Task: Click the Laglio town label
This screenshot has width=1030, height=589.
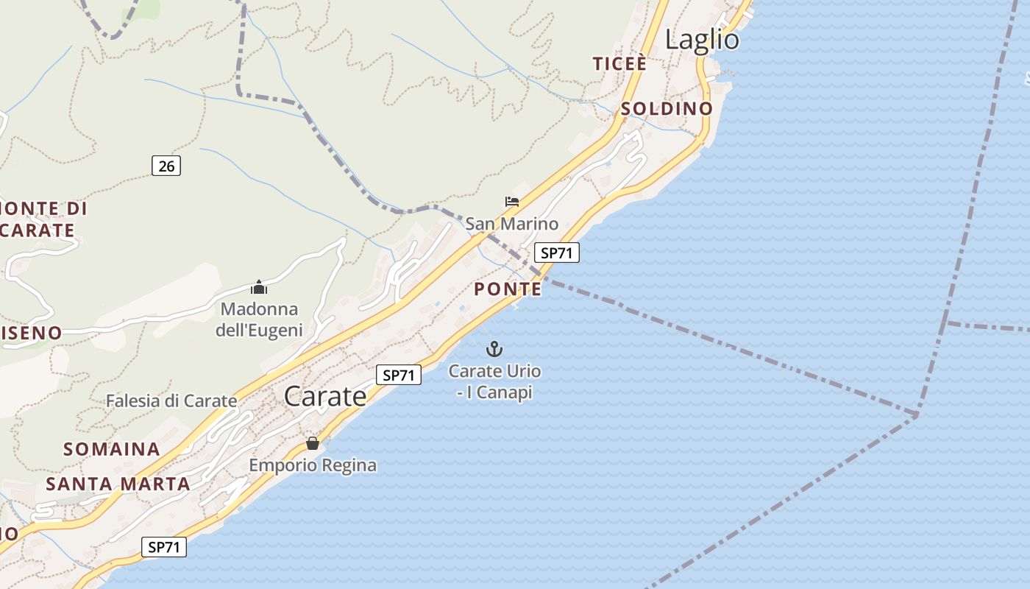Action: click(x=702, y=40)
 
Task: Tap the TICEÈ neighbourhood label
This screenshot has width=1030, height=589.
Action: click(x=620, y=64)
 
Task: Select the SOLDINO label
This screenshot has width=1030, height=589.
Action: click(x=667, y=109)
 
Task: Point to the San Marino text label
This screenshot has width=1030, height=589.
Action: click(x=512, y=223)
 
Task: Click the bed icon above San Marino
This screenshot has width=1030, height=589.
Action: click(x=512, y=201)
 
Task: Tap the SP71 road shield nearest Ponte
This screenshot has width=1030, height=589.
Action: click(x=556, y=253)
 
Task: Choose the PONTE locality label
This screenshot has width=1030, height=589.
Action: click(x=508, y=289)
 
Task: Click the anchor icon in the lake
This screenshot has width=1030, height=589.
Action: click(x=494, y=349)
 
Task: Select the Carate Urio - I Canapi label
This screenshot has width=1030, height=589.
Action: click(x=494, y=381)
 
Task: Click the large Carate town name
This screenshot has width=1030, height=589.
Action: click(x=325, y=397)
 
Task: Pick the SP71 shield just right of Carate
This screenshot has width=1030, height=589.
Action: click(x=399, y=375)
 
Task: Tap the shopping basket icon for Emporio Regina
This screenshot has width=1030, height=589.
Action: click(x=313, y=443)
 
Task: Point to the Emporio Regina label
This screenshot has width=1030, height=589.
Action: click(x=313, y=465)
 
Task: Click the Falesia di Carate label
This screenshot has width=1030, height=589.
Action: click(x=171, y=401)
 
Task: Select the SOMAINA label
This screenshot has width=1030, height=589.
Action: click(x=112, y=449)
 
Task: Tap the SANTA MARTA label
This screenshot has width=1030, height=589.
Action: click(x=118, y=484)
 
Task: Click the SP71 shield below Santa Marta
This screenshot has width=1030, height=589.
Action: click(x=163, y=547)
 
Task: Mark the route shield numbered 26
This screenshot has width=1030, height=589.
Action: click(x=166, y=166)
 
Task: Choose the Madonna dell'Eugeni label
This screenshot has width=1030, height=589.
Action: click(x=259, y=320)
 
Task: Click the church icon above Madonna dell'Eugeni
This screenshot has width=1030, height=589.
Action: click(x=259, y=287)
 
